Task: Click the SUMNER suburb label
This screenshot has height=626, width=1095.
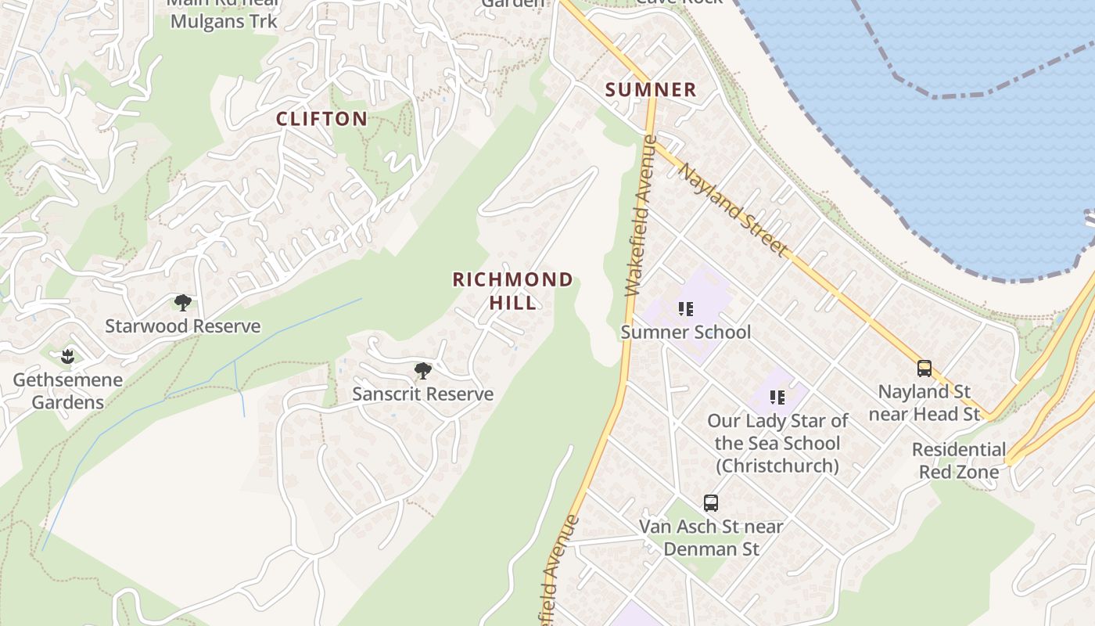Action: coord(651,90)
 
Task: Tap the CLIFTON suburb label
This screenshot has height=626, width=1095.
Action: coord(321,119)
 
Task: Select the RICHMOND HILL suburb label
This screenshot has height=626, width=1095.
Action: coord(513,290)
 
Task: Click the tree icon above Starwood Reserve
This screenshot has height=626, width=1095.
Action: coord(183,303)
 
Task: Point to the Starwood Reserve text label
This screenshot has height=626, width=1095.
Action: coord(183,326)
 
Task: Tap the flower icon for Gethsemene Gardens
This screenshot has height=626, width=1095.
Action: coord(67,357)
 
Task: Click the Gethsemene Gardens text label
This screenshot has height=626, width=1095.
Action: coord(68,391)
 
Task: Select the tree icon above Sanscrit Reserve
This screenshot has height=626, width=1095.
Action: coord(423,371)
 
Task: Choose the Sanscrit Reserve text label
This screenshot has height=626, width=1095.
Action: coord(422,394)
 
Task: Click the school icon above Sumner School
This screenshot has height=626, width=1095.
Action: coord(686,309)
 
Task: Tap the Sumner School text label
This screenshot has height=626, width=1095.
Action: coord(686,333)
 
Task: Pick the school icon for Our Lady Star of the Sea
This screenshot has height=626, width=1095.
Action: coord(777,398)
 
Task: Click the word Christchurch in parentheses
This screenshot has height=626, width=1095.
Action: coord(777,466)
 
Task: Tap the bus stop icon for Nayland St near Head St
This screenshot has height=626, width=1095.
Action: coord(924,369)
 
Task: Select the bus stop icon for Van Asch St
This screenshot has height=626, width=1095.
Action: coord(711,503)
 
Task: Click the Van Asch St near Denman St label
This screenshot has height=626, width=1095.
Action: coord(711,538)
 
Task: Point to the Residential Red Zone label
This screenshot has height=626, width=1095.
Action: coord(959,461)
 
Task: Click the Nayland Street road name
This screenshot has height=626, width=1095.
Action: coord(733,210)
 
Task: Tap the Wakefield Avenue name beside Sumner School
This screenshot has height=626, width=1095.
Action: coord(638,217)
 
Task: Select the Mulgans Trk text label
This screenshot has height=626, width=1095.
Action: coord(224,21)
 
